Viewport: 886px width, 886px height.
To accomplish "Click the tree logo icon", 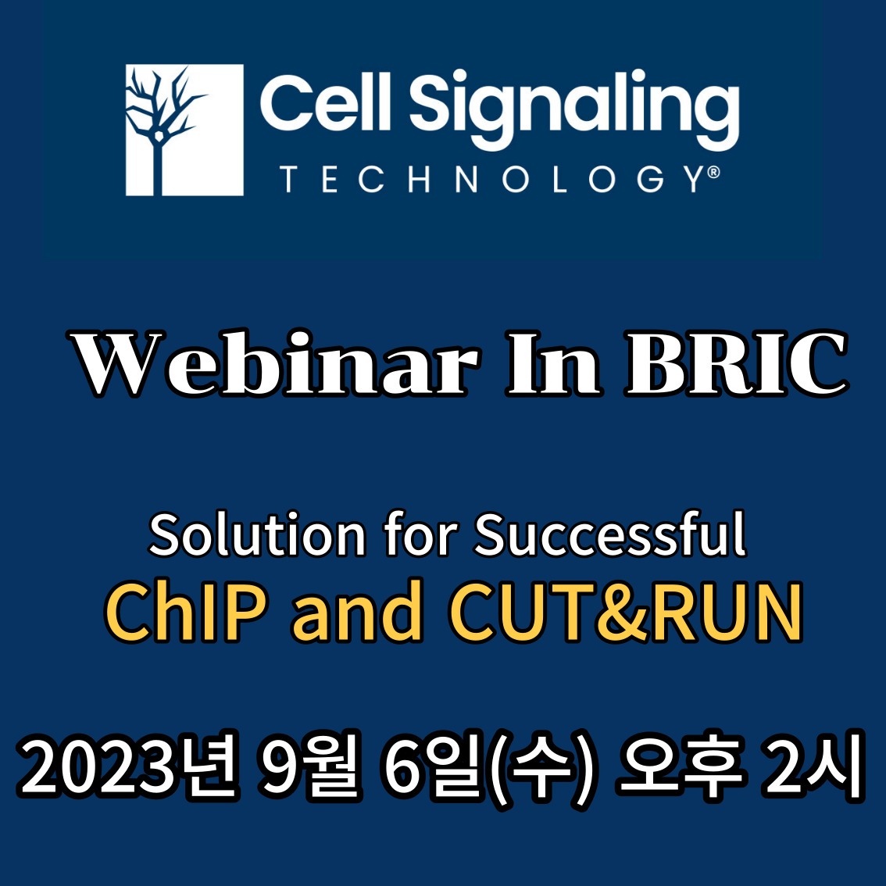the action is pos(184,130).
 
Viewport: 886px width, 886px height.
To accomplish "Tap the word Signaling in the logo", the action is pos(574,109).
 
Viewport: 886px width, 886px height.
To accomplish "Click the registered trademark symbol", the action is pos(713,172).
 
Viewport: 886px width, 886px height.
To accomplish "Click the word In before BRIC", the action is pos(553,363).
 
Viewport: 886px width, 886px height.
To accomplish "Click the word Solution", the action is pos(257,534).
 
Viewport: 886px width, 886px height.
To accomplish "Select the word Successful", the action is pos(610,534).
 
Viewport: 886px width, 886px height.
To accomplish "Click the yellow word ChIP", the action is pos(185,611).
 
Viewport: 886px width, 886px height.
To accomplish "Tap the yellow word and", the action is pos(357,611).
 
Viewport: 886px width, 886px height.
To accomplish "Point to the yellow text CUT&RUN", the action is pos(626,611).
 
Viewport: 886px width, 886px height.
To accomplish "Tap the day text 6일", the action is pos(434,766).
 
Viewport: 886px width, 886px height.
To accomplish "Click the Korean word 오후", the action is pos(681,766).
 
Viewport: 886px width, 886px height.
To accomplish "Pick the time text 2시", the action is pos(813,766).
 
